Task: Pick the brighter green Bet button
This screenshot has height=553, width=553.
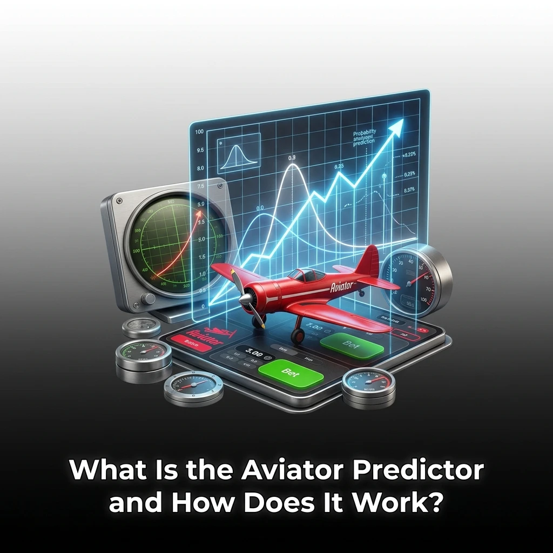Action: pyautogui.click(x=291, y=372)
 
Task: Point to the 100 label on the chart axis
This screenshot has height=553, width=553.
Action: pyautogui.click(x=198, y=132)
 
